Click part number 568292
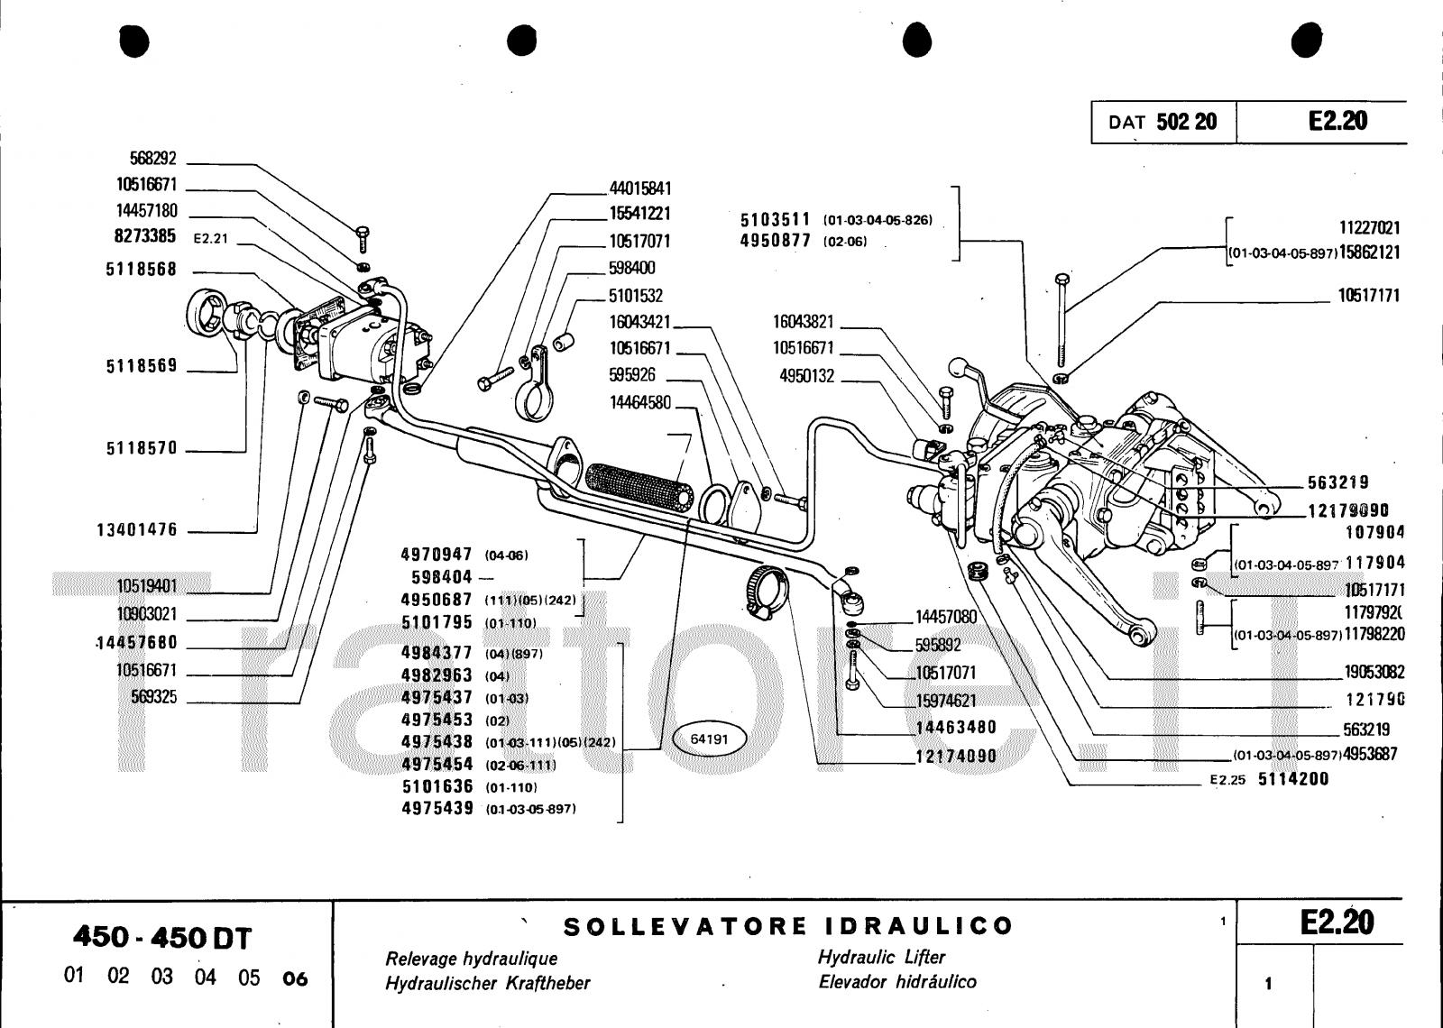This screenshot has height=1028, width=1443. pyautogui.click(x=152, y=159)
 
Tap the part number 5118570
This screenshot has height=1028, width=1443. pyautogui.click(x=142, y=448)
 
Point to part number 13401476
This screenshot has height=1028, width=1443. pyautogui.click(x=137, y=529)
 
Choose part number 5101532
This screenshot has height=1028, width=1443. pyautogui.click(x=636, y=296)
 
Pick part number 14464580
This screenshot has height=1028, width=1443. pyautogui.click(x=640, y=402)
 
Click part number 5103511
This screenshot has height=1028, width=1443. pyautogui.click(x=776, y=220)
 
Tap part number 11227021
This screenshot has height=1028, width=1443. pyautogui.click(x=1368, y=228)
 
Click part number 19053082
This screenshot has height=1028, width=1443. pyautogui.click(x=1374, y=672)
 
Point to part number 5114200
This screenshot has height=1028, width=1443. pyautogui.click(x=1293, y=779)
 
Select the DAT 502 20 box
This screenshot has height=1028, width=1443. pyautogui.click(x=1163, y=122)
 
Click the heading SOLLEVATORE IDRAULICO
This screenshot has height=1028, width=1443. pyautogui.click(x=788, y=926)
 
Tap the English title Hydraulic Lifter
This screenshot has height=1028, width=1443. pyautogui.click(x=881, y=957)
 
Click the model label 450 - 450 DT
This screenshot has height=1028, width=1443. pyautogui.click(x=162, y=937)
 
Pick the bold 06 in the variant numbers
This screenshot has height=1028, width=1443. pyautogui.click(x=295, y=978)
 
